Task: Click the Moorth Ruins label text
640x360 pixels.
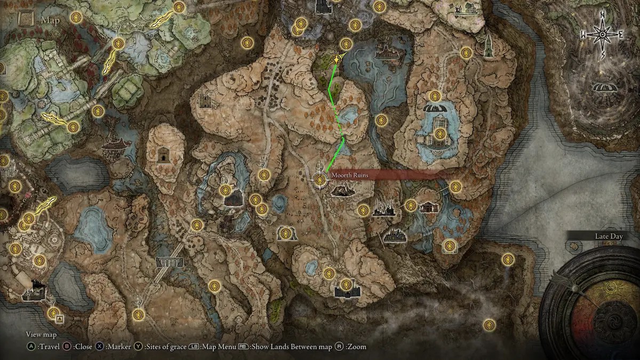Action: pos(349,175)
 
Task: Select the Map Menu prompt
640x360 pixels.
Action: pos(212,347)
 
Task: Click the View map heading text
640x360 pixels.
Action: pos(41,334)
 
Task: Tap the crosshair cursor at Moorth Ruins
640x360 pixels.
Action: pos(320,180)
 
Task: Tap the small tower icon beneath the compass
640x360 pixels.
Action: pos(488,46)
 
